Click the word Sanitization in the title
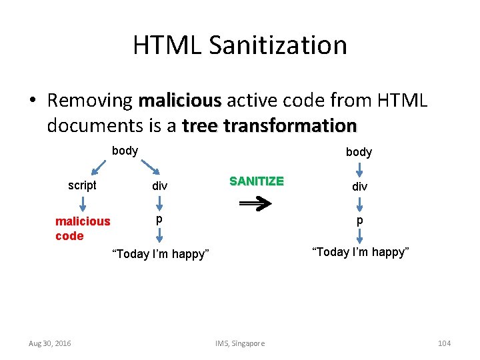pos(277,45)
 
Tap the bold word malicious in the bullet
pos(180,101)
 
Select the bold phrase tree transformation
pos(269,125)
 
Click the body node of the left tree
pos(125,151)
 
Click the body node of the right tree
pos(359,152)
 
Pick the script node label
pos(82,185)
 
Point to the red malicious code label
pos(82,229)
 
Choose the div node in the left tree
pos(159,186)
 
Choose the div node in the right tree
pos(359,186)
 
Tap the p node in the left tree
pos(159,219)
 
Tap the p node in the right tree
pos(359,219)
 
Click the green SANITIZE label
pos(257,181)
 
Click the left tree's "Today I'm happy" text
pos(160,254)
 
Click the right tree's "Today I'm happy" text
pos(360,252)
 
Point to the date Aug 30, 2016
pos(50,343)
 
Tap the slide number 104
pos(444,343)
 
